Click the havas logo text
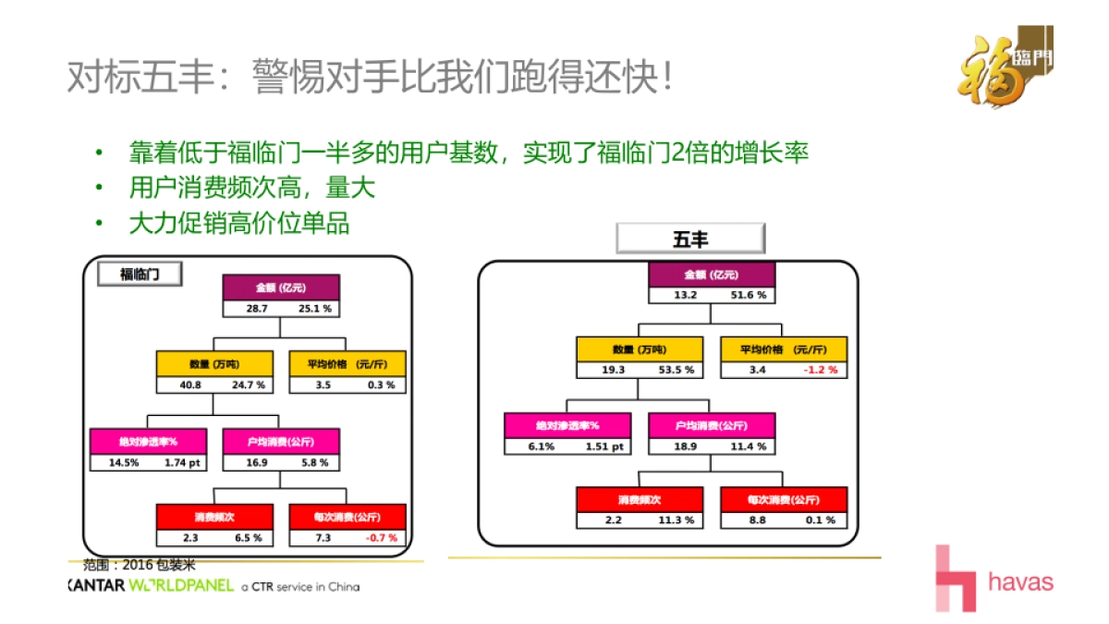1020,582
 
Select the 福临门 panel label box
139,275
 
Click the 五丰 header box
690,239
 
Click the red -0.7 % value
381,537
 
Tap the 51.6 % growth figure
749,296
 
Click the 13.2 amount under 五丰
683,296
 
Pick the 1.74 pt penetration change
182,462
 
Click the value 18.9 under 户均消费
683,447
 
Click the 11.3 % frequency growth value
676,520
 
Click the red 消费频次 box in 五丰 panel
640,499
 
